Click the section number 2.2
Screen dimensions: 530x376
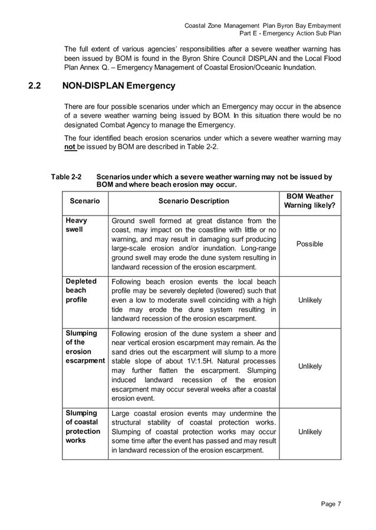[34, 86]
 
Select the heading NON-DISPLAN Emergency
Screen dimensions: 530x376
[118, 86]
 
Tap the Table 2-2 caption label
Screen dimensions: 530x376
[66, 177]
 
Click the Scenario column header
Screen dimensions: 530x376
[85, 201]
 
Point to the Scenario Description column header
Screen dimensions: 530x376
[193, 201]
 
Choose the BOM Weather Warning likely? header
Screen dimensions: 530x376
[309, 201]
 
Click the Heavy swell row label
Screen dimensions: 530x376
[76, 225]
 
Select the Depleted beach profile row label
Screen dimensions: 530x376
[81, 290]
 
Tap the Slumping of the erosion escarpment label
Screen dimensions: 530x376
[85, 347]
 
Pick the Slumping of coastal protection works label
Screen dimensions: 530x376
[82, 427]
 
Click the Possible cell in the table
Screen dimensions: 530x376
[309, 244]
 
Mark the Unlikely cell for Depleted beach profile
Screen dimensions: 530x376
[309, 300]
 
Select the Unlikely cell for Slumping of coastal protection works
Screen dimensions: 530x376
[309, 432]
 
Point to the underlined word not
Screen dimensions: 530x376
[70, 147]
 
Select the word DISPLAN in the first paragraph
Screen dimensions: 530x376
[250, 58]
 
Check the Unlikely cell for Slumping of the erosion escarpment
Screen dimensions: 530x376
[309, 366]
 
